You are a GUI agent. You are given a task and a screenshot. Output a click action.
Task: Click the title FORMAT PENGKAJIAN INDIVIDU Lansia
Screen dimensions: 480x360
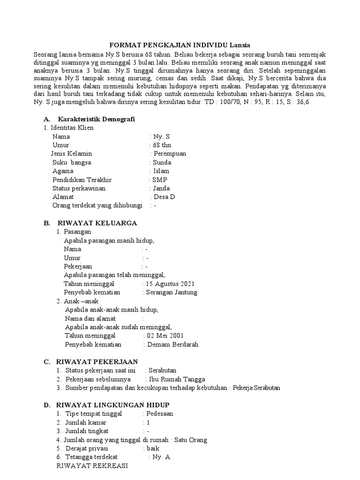180,45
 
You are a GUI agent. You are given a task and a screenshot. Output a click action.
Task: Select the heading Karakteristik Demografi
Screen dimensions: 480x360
99,119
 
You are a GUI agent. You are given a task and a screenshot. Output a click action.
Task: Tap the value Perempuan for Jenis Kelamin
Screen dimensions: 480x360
170,153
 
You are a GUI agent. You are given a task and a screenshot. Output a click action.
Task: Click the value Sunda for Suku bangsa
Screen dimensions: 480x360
162,162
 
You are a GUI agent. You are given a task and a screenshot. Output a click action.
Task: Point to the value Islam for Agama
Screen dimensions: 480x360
161,171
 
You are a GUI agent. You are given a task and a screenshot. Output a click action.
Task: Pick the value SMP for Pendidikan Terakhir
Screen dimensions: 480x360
160,180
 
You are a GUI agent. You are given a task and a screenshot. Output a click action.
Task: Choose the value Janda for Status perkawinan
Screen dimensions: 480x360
162,188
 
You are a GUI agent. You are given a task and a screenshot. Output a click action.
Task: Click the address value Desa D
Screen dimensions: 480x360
165,197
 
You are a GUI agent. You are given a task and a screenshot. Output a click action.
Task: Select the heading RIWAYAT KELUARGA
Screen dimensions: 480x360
97,223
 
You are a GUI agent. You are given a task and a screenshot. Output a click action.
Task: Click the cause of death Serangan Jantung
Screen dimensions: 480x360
172,292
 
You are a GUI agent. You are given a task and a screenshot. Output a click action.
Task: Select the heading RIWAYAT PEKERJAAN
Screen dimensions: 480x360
97,361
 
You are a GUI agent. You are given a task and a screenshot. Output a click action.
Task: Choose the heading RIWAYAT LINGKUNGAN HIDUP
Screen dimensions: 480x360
113,405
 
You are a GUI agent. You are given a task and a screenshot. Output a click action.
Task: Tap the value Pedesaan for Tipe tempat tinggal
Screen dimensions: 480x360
160,414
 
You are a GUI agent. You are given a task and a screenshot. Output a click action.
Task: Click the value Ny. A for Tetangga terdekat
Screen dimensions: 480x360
161,457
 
